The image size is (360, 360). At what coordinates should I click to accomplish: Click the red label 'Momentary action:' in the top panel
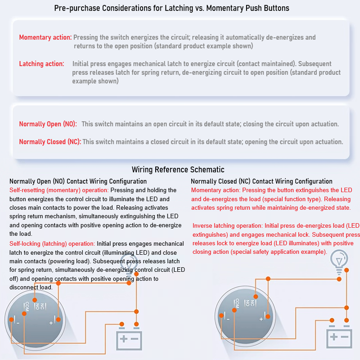tap(45, 37)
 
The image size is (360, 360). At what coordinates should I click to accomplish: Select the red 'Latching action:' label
tap(41, 64)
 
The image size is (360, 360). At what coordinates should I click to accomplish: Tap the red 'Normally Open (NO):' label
tap(48, 124)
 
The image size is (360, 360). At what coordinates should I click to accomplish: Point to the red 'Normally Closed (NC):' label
tap(49, 142)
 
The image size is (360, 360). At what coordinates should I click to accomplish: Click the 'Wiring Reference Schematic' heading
tap(178, 170)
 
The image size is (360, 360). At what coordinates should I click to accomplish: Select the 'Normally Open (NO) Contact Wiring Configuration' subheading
tap(78, 181)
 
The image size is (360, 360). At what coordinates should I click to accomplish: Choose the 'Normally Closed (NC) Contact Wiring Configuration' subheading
tap(261, 181)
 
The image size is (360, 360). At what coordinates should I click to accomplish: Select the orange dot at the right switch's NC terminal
tap(255, 297)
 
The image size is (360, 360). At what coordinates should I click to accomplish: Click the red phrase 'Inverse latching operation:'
tap(228, 225)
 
